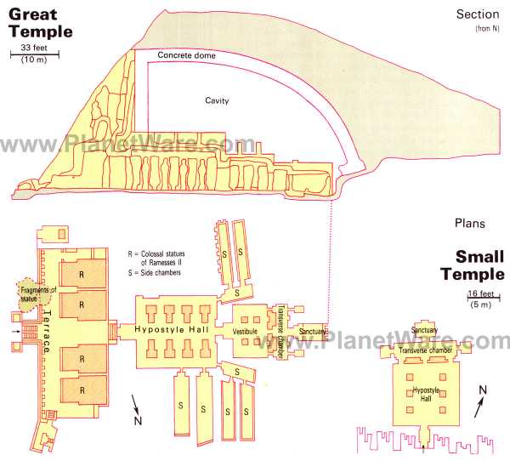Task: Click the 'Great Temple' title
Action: point(41,23)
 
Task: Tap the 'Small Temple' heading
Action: point(473,265)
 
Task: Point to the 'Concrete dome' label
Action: point(186,55)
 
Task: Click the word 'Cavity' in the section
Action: point(217,100)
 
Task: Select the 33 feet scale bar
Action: point(35,54)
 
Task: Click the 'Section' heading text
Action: point(478,14)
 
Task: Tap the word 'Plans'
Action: point(470,224)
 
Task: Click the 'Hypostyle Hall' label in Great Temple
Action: point(172,329)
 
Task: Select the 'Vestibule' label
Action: point(245,332)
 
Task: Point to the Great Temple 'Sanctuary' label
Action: point(312,332)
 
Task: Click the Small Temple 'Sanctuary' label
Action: point(424,330)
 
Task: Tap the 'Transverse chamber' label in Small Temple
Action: point(426,350)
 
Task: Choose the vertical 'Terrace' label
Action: point(48,332)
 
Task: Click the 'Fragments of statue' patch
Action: point(34,294)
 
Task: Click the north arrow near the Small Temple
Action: point(479,406)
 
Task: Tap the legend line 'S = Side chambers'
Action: point(154,273)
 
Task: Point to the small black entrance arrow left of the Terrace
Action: point(15,332)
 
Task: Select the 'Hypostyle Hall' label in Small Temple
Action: point(426,394)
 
